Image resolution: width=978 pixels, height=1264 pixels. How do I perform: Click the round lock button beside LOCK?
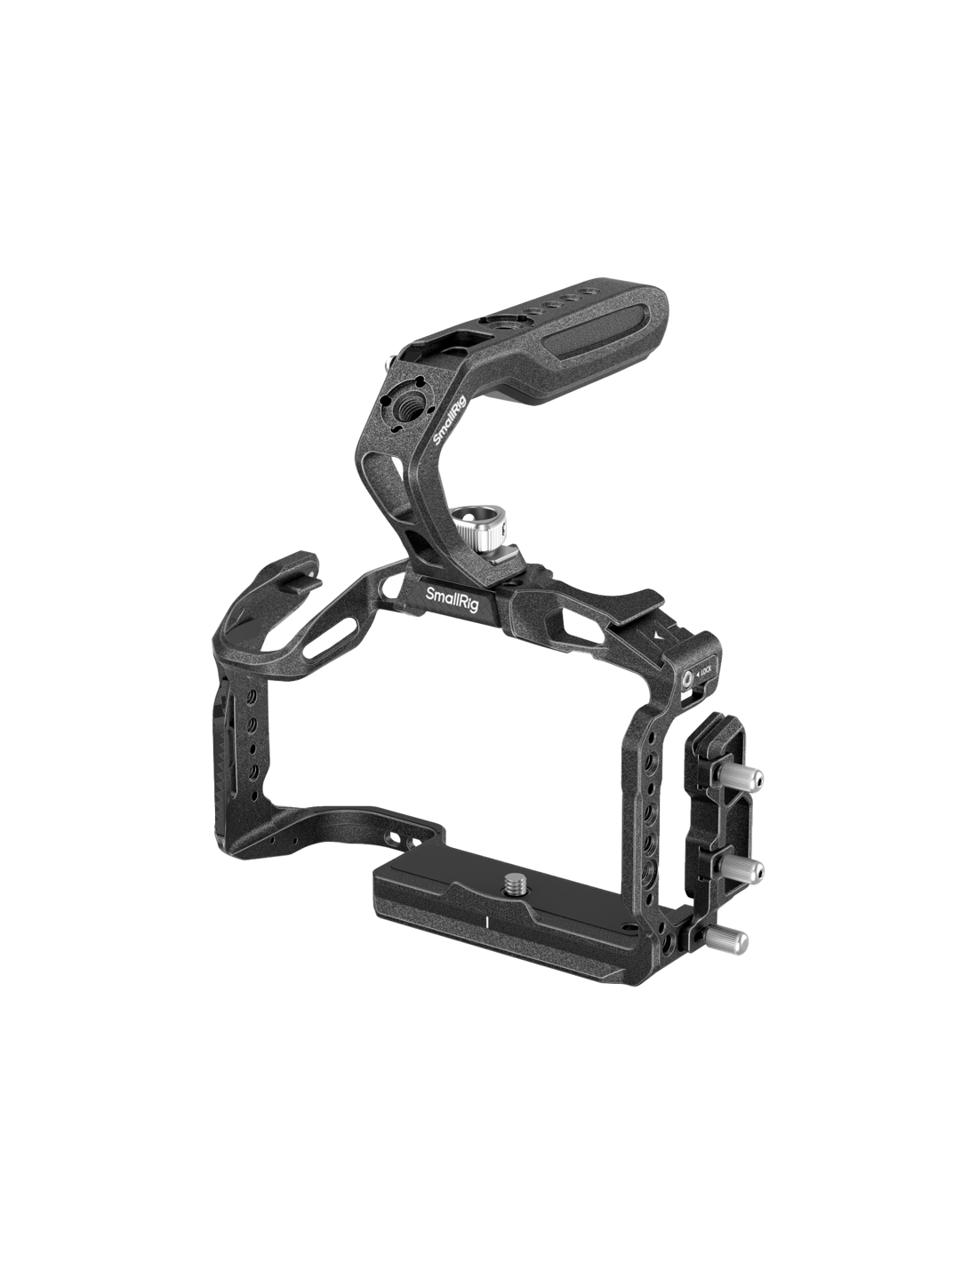[688, 676]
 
